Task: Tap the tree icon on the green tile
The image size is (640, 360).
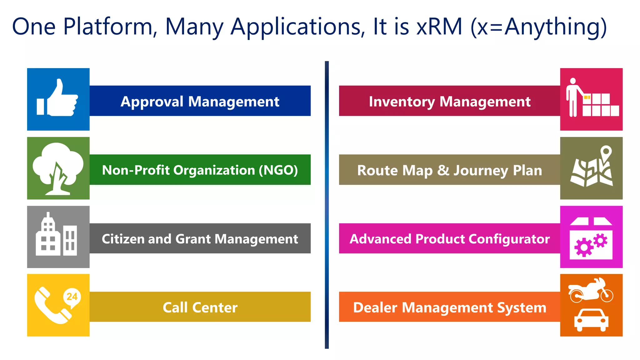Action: click(x=58, y=167)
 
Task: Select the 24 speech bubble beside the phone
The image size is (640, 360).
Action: click(x=72, y=297)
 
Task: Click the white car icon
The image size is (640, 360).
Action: click(x=591, y=319)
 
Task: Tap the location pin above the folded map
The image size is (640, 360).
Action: click(x=606, y=153)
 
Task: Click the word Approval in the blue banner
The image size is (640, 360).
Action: click(x=152, y=102)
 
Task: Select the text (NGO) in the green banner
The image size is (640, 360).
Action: click(x=278, y=170)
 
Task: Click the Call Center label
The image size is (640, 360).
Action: click(x=200, y=307)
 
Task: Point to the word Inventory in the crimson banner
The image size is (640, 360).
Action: click(x=402, y=102)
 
